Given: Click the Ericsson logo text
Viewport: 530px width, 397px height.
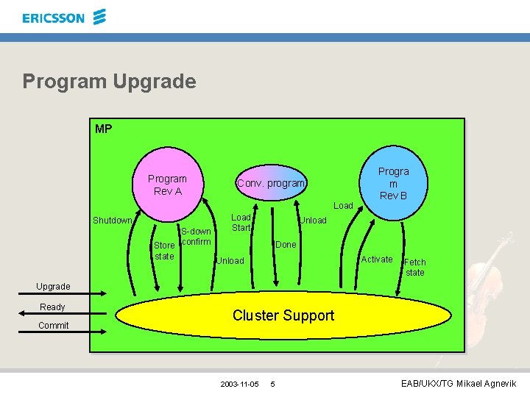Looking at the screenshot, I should [x=54, y=18].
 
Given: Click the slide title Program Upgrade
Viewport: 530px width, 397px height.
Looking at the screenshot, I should [x=109, y=81].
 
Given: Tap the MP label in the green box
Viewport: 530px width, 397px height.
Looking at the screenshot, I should [x=104, y=129].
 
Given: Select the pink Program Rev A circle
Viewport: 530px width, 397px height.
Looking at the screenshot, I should [x=167, y=185].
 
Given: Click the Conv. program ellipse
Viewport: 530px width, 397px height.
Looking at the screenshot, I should [x=270, y=183].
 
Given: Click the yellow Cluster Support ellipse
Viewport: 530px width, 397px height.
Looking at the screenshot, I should [x=283, y=315].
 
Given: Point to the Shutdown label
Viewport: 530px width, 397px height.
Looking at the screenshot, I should [x=112, y=221].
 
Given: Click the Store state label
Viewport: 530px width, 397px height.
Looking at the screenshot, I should [x=164, y=251].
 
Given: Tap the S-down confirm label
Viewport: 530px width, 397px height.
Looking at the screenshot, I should [x=196, y=237].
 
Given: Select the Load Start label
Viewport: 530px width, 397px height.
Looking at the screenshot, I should [x=241, y=223].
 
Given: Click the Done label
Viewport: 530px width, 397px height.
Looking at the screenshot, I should [x=286, y=245].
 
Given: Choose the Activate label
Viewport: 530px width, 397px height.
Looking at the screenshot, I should [x=376, y=260].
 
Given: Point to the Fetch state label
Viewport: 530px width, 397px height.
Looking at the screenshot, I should [x=415, y=267].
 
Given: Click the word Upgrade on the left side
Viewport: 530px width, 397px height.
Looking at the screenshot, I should [x=53, y=286].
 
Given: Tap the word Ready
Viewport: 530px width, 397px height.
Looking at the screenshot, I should [x=52, y=307].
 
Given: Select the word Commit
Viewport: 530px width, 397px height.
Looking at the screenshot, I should [x=53, y=326].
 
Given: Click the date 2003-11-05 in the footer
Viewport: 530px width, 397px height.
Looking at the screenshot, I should [x=239, y=385].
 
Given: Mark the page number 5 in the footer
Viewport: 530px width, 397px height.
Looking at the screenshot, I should [x=272, y=385].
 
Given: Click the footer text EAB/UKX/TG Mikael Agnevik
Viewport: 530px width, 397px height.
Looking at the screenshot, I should [x=459, y=384].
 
